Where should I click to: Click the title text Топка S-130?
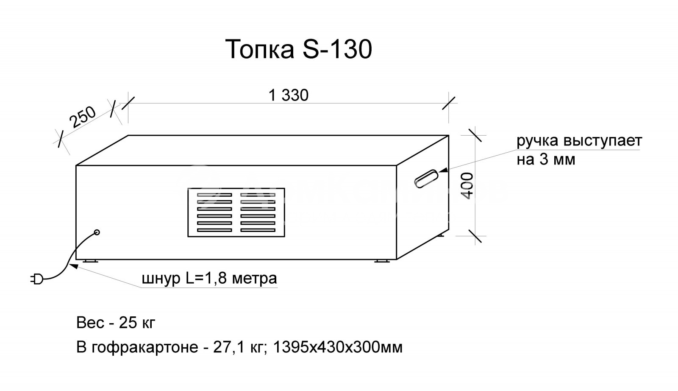pos(299,50)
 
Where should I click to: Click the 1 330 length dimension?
pos(289,95)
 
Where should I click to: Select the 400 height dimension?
pos(467,185)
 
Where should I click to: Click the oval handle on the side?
pos(426,178)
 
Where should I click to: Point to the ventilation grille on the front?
pos(236,212)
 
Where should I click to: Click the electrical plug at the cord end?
pos(36,279)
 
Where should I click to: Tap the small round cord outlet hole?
pos(97,232)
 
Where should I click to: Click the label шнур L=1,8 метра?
pos(209,279)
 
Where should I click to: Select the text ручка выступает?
pos(579,141)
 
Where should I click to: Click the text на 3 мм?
pos(546,160)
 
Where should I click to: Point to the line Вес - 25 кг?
pos(116,323)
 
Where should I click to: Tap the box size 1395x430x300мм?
pos(338,347)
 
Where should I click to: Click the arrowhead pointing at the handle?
pos(443,170)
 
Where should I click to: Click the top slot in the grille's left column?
pos(214,195)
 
